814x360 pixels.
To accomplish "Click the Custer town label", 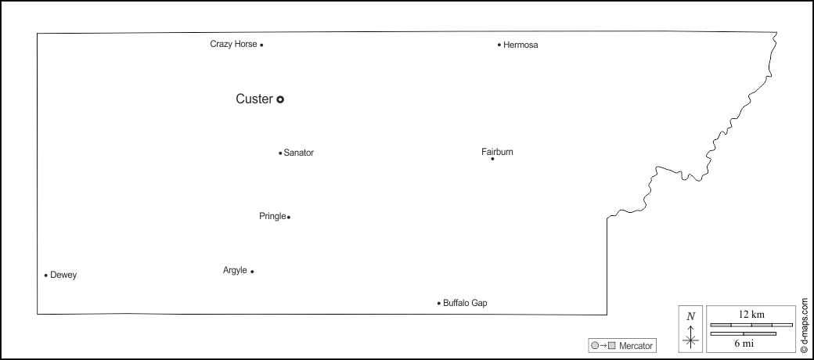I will (x=254, y=99).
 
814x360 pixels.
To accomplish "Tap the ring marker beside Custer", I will (x=280, y=99).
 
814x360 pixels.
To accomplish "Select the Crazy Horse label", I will (x=233, y=45).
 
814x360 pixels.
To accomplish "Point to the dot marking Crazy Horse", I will (x=261, y=45).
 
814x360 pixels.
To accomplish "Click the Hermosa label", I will (x=521, y=45).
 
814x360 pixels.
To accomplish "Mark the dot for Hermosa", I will (x=499, y=45).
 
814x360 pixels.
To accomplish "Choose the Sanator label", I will (x=299, y=153).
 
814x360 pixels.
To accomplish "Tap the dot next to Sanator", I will (x=280, y=153).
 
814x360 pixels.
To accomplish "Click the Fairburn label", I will (x=497, y=152).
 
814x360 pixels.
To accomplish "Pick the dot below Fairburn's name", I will (x=492, y=159).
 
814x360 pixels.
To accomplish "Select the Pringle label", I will (x=272, y=217).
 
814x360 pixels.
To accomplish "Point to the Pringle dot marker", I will (x=289, y=217).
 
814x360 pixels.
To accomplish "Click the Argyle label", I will (x=235, y=271).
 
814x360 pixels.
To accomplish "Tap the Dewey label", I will (x=63, y=275).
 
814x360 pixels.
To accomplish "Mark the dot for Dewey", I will (x=46, y=275).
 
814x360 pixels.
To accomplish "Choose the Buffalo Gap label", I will (x=465, y=303).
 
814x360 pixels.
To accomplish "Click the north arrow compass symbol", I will (x=690, y=329).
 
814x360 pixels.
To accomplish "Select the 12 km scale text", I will (x=751, y=314).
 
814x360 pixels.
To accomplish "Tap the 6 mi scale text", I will (x=744, y=344).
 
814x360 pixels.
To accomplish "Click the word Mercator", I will (x=636, y=345).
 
